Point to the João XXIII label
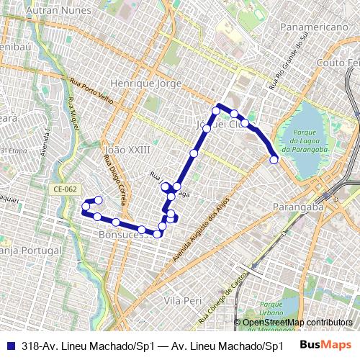[x=127, y=150]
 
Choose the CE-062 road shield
[x=64, y=189]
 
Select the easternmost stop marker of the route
[x=274, y=159]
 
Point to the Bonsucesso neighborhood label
[x=122, y=235]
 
